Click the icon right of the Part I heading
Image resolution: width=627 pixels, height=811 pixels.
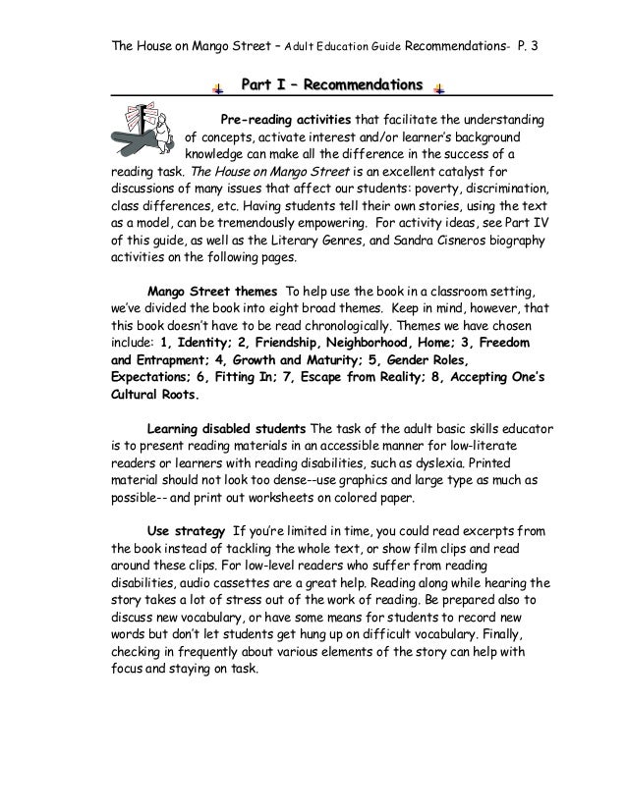tap(438, 89)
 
